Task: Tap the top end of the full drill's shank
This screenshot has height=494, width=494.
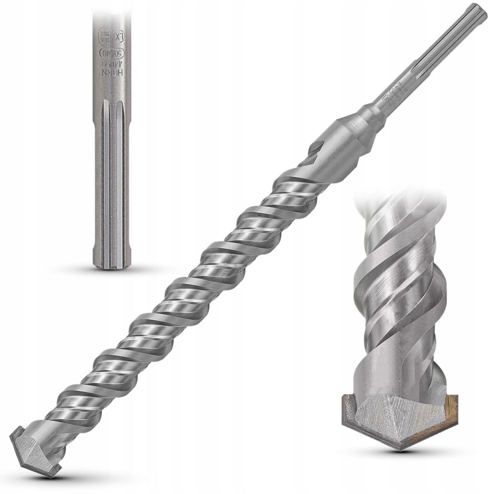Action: [x=475, y=15]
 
